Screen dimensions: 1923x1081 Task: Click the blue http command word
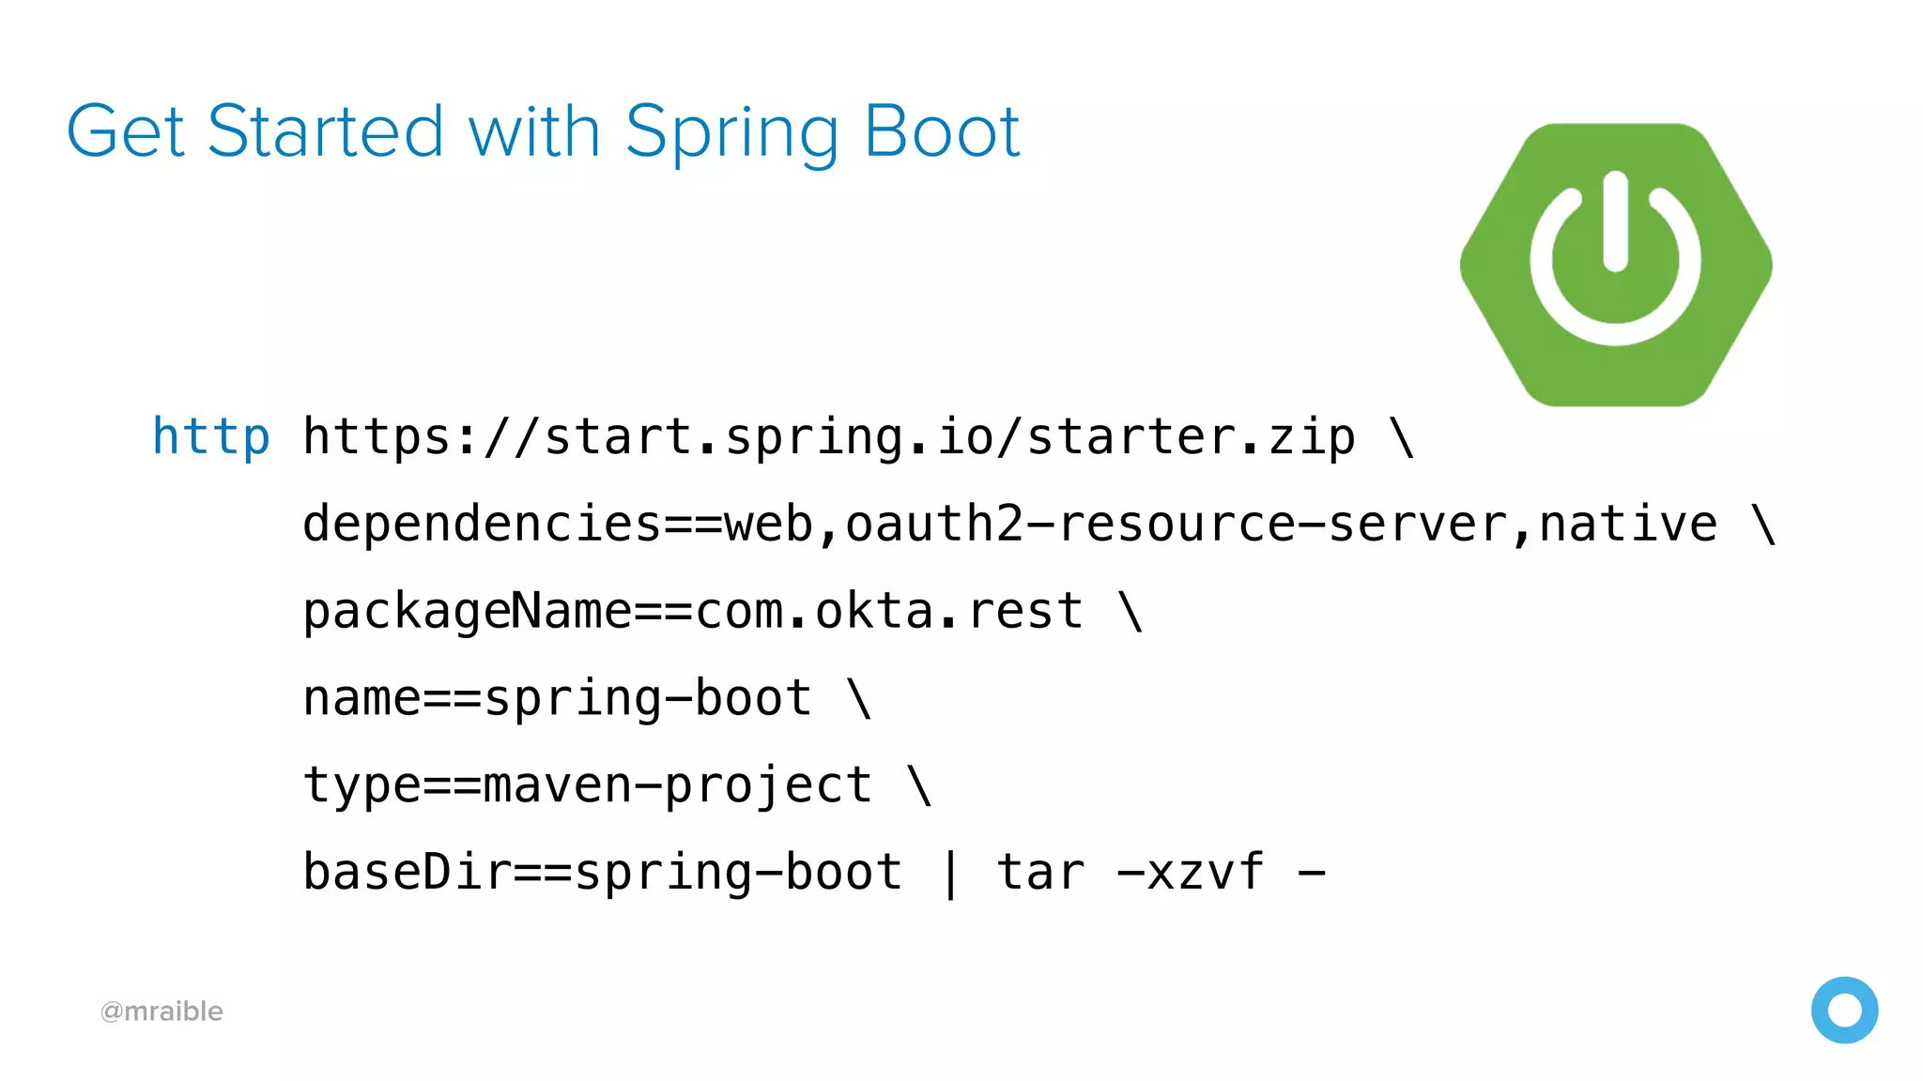[x=211, y=437]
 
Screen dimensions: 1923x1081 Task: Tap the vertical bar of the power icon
[x=1615, y=221]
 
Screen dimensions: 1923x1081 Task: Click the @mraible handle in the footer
[x=162, y=1012]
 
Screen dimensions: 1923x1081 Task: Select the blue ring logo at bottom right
[x=1844, y=1010]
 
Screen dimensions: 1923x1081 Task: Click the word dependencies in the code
[x=482, y=524]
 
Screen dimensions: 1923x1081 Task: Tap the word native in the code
[x=1627, y=524]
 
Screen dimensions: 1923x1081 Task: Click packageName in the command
[x=467, y=612]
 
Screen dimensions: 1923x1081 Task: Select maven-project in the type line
[x=677, y=785]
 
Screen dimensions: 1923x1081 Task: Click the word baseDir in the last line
[x=407, y=873]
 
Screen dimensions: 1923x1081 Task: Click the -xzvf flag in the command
[x=1190, y=873]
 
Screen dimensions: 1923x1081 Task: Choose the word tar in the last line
[x=1039, y=873]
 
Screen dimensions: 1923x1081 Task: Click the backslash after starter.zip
[x=1402, y=437]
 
